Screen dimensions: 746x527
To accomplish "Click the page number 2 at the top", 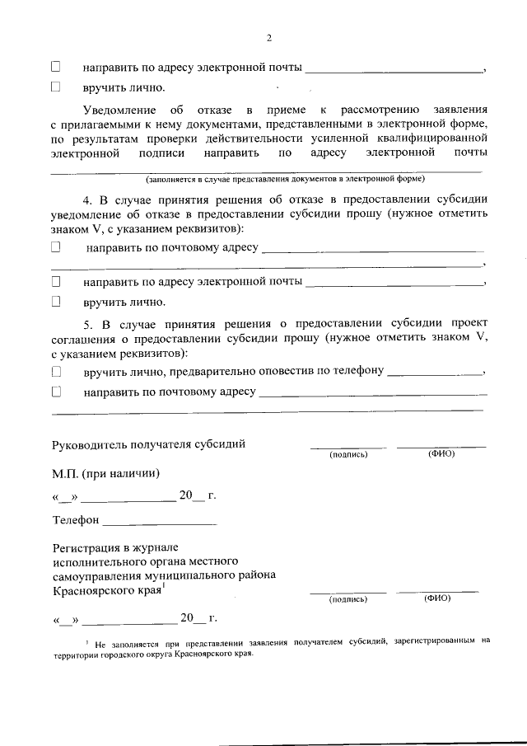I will coord(268,37).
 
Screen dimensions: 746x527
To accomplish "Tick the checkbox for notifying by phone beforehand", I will coord(57,372).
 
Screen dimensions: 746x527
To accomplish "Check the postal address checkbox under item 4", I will coord(57,246).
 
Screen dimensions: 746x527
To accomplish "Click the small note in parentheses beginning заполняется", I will coord(285,178).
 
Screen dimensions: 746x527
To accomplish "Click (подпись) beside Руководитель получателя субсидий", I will coord(347,454).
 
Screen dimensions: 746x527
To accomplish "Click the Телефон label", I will coord(76,521).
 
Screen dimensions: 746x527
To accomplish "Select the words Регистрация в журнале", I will coord(114,547).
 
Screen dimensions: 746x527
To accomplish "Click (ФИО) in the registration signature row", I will coord(437,598).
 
